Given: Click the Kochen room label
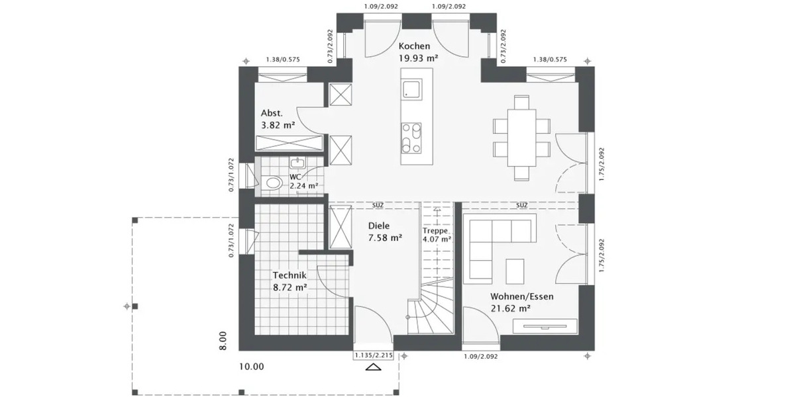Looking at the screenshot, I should pyautogui.click(x=414, y=46).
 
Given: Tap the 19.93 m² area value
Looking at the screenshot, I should pyautogui.click(x=417, y=58).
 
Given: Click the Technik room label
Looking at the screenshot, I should pyautogui.click(x=289, y=275).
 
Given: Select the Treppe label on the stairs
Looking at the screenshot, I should pyautogui.click(x=436, y=231).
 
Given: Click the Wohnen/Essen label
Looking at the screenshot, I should pyautogui.click(x=521, y=296).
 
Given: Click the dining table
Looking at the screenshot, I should pyautogui.click(x=521, y=138).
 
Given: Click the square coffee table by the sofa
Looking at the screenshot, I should pyautogui.click(x=515, y=269).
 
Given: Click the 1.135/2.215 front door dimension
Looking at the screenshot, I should pyautogui.click(x=374, y=356).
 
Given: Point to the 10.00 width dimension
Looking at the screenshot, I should pyautogui.click(x=251, y=367).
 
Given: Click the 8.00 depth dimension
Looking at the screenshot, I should pyautogui.click(x=224, y=340).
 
